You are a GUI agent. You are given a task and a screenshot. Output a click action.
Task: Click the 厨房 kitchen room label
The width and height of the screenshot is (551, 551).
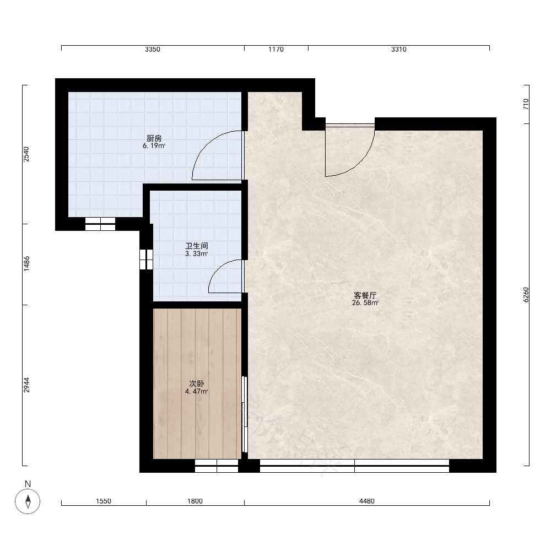click(x=154, y=138)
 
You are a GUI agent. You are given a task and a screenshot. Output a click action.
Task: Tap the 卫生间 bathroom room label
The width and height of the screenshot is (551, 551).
click(x=197, y=246)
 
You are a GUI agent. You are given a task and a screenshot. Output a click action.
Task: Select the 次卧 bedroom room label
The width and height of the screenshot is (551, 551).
click(x=197, y=383)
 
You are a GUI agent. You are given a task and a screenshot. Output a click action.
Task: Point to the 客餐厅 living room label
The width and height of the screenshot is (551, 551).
click(x=365, y=295)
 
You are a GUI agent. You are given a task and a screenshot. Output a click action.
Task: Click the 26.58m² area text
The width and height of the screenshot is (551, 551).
click(x=365, y=303)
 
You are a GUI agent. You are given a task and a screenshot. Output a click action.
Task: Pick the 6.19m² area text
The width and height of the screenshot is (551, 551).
click(x=154, y=146)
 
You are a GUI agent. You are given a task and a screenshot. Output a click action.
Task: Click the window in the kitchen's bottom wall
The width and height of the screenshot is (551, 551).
click(x=100, y=224)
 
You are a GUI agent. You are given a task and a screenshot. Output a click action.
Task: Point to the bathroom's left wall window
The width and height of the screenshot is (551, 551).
click(x=146, y=260)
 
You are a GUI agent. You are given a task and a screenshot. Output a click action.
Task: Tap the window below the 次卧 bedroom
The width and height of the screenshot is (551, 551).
click(x=217, y=466)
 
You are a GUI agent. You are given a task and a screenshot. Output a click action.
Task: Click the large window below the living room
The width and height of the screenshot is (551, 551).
click(x=354, y=466)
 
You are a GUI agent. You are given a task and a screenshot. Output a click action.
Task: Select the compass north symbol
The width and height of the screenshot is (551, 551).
click(x=28, y=501)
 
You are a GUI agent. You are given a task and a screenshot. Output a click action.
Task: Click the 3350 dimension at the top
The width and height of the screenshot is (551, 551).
click(x=153, y=50)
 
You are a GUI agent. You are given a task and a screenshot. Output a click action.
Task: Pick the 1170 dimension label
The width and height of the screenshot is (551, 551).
click(x=276, y=50)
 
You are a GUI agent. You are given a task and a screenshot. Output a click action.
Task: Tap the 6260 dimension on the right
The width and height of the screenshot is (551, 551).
click(x=526, y=294)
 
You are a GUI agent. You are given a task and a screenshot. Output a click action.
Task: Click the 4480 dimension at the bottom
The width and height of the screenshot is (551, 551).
click(x=367, y=501)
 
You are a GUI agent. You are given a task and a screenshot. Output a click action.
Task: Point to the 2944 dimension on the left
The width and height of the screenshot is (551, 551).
click(x=26, y=385)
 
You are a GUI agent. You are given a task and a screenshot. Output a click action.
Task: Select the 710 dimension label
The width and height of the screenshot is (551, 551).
click(x=526, y=104)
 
